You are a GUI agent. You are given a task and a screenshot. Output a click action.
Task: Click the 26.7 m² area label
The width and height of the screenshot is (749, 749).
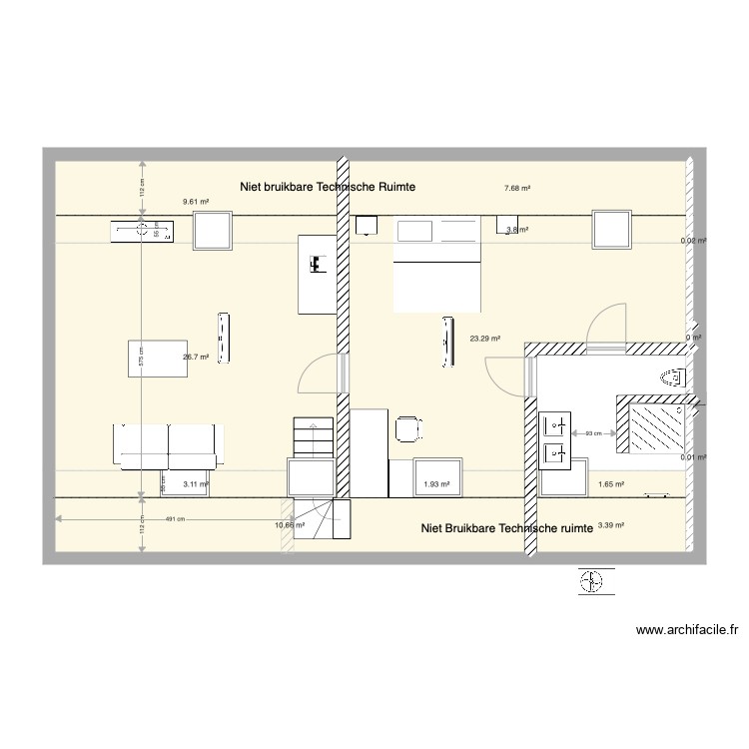[x=195, y=357]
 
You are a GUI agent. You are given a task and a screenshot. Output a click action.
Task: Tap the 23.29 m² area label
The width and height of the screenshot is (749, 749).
[x=484, y=339]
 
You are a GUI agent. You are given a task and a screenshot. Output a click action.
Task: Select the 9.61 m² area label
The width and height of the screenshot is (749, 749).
[x=195, y=202]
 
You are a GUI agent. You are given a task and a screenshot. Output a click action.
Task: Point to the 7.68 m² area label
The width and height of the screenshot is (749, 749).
[x=517, y=188]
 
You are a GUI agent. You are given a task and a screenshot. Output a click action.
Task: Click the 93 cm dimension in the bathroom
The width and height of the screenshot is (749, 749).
[x=593, y=432]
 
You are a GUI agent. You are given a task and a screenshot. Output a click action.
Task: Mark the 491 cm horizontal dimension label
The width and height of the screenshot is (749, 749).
[x=176, y=518]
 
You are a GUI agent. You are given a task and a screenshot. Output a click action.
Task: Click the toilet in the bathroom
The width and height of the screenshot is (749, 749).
[x=673, y=378]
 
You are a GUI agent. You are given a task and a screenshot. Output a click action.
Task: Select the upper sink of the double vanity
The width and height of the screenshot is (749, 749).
[x=554, y=427]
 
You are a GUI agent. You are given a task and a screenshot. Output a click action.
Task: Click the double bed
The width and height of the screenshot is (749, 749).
[x=438, y=266]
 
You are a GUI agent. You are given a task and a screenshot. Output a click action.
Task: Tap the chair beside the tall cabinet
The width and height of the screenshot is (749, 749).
[x=407, y=428]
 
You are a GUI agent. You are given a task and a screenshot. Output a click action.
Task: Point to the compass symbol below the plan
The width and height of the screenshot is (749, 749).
[x=592, y=581]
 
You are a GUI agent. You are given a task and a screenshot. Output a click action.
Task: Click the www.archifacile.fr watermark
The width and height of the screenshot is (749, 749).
[x=686, y=630]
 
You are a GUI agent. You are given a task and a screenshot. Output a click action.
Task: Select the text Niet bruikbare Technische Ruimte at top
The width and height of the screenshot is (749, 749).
[x=328, y=187]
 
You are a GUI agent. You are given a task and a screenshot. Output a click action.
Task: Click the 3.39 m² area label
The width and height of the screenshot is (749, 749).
[x=610, y=524]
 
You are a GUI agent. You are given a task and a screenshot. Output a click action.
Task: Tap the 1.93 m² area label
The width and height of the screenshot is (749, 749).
[x=436, y=484]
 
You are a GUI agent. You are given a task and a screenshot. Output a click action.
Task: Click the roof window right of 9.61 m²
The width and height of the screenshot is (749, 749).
[x=213, y=231]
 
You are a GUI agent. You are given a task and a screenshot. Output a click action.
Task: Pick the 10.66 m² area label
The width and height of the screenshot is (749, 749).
[x=290, y=524]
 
